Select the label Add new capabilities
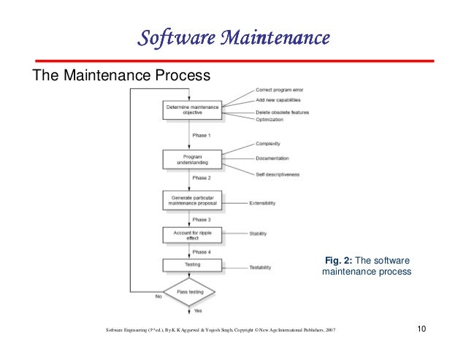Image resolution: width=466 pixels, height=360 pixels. point(278,99)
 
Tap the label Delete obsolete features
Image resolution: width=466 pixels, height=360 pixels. point(283,112)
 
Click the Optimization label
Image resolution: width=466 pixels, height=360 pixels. point(271,120)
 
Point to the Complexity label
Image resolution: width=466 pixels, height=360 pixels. point(269,144)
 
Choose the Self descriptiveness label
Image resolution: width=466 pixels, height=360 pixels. point(278,175)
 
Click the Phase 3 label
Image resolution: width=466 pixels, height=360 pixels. point(202,219)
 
